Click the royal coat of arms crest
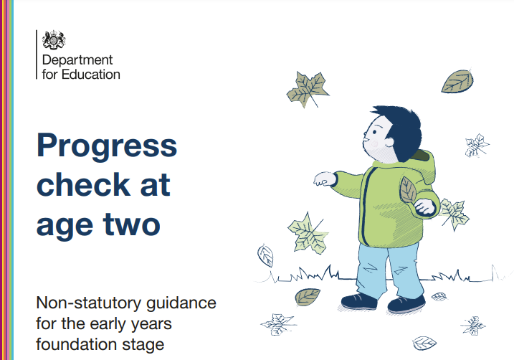tap(54, 40)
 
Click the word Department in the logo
tap(77, 61)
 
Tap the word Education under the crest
tap(91, 75)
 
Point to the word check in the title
tap(84, 184)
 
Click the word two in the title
tap(131, 224)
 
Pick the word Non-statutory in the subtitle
tap(88, 303)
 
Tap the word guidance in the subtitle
tap(181, 303)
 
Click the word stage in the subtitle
tap(143, 346)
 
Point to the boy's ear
tap(389, 142)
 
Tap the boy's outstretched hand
tap(325, 179)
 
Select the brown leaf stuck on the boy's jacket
tap(408, 190)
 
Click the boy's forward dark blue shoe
tap(359, 301)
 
